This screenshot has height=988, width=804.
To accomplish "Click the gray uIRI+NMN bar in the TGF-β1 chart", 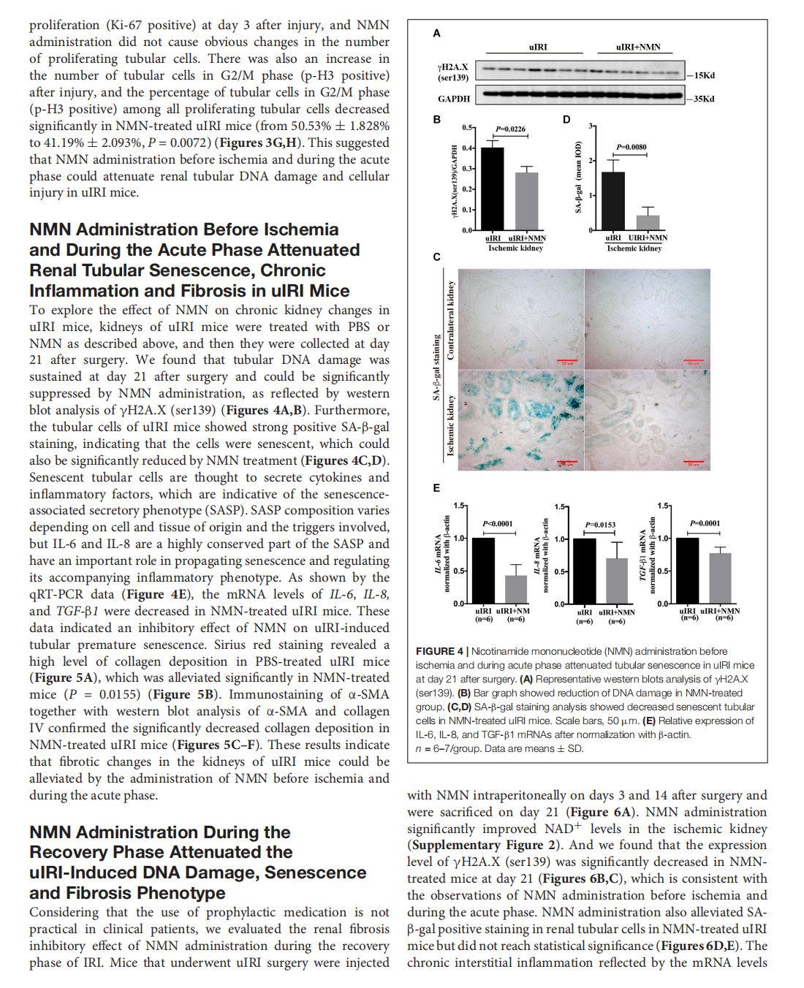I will pos(720,578).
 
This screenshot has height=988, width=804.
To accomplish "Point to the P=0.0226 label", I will pos(510,129).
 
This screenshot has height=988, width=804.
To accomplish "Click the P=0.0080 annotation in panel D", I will pos(631,147).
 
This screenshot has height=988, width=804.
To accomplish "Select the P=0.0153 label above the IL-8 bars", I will pos(600,525).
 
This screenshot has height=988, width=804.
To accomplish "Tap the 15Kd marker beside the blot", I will pos(704,75).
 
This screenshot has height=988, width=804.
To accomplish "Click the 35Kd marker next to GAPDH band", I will pos(704,99).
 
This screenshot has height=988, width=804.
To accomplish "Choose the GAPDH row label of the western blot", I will pos(454,99).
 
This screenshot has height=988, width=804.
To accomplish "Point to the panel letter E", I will pos(436,488).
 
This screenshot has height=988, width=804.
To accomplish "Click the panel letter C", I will pos(436,257).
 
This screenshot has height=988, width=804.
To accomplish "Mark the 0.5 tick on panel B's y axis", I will pos(467,127).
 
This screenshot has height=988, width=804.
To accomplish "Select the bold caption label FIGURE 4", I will pos(439,651).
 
